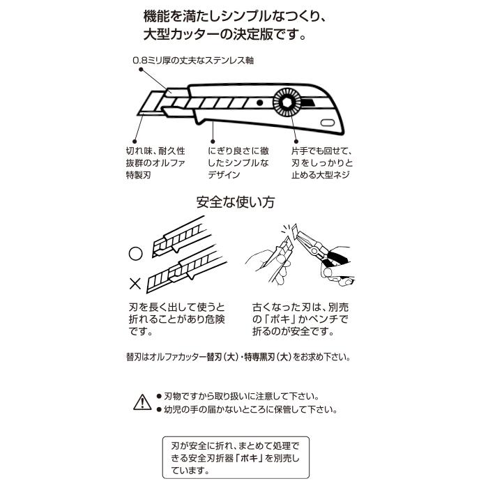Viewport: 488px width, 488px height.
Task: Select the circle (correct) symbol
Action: tap(136, 252)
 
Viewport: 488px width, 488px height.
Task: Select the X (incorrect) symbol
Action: tap(136, 284)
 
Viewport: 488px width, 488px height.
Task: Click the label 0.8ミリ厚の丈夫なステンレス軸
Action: tap(193, 61)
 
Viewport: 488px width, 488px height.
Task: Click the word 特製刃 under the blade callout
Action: tap(139, 175)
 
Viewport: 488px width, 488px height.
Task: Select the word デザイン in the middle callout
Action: tap(224, 175)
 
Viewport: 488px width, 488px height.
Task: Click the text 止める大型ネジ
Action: tap(322, 175)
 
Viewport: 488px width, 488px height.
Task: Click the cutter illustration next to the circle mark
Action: tap(178, 241)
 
